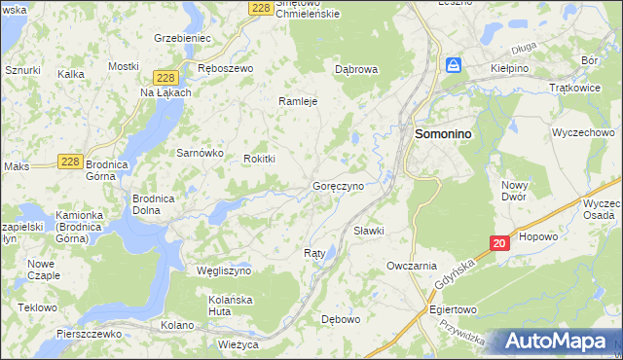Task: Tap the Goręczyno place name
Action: (x=338, y=185)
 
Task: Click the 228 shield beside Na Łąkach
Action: (x=165, y=78)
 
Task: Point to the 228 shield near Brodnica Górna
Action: (x=69, y=162)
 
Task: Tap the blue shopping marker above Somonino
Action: (x=453, y=65)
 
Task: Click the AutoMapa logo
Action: (x=558, y=342)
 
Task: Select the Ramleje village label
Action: (x=299, y=101)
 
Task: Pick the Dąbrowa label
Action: (x=355, y=70)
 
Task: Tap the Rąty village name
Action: (x=314, y=253)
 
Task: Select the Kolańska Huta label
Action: (x=231, y=306)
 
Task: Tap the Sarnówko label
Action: (x=200, y=153)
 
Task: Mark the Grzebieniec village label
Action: (x=182, y=38)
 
